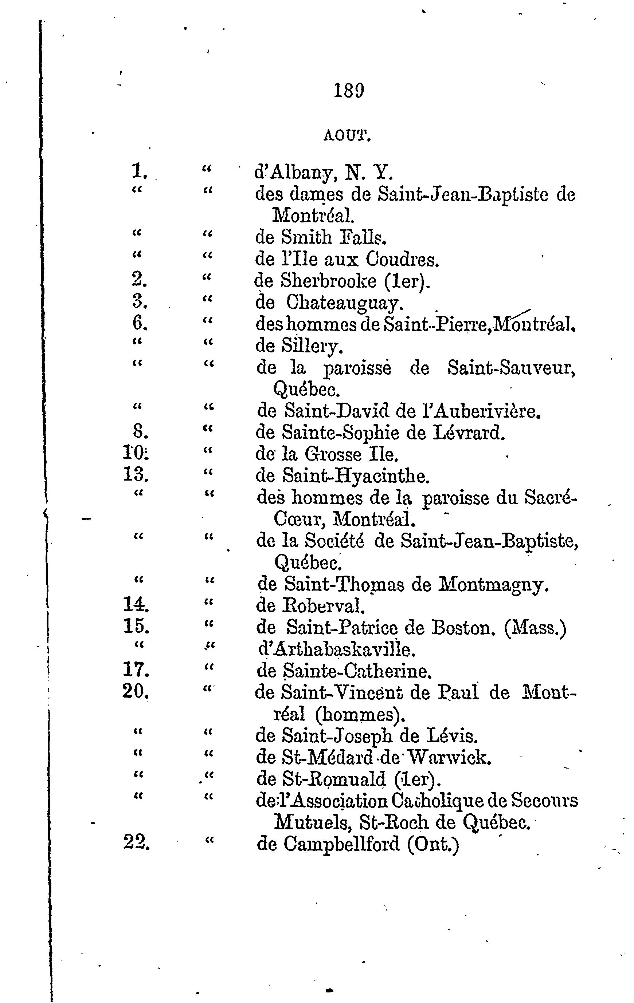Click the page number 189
(x=349, y=90)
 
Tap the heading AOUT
(x=347, y=136)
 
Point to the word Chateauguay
(x=345, y=303)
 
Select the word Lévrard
(x=469, y=433)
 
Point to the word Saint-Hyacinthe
(x=356, y=476)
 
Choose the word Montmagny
(x=494, y=585)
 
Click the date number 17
(x=136, y=670)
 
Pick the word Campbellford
(x=341, y=844)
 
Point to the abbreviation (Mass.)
(x=535, y=628)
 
